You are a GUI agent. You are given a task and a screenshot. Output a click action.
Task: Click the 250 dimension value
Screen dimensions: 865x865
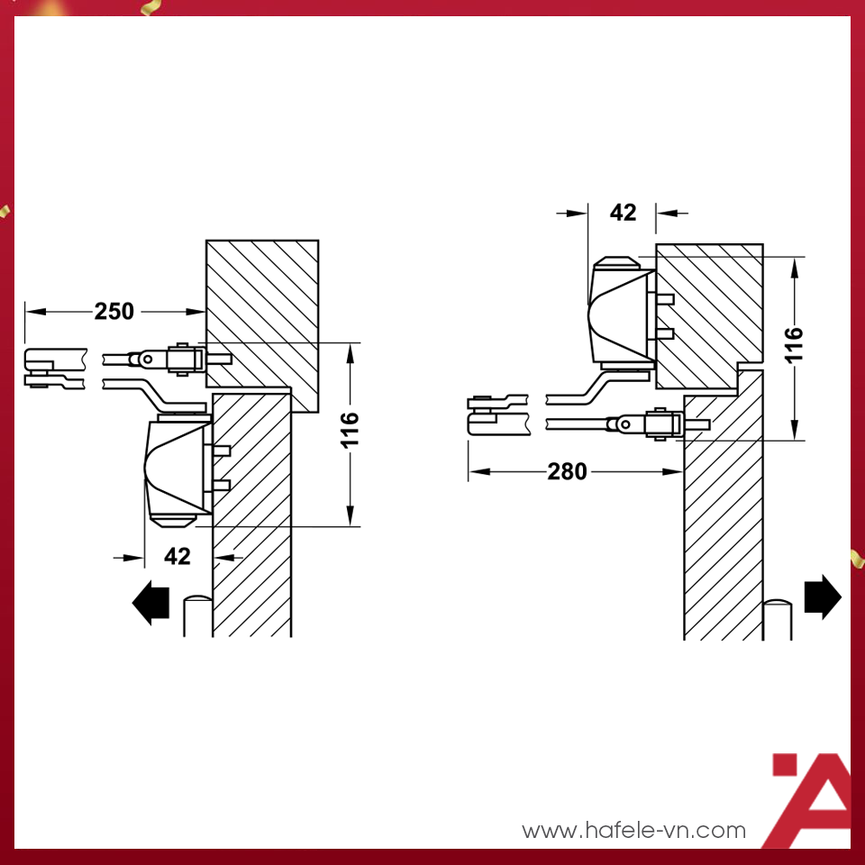coord(114,311)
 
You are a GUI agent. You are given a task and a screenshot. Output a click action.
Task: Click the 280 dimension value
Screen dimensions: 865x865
coord(567,471)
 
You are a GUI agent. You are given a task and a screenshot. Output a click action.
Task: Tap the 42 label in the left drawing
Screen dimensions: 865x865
coord(178,556)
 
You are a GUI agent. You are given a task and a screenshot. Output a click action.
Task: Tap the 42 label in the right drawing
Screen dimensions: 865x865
coord(623,213)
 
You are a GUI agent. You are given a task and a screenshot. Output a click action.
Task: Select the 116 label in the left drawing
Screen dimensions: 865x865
coord(350,429)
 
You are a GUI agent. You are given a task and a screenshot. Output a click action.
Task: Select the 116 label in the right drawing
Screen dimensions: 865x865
coord(794,345)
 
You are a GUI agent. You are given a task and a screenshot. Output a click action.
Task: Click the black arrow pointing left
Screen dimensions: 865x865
coord(150,603)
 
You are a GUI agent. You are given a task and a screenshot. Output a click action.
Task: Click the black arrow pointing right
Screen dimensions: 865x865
coord(823,596)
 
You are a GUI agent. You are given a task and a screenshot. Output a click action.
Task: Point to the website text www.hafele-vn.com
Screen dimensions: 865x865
coord(633,830)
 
